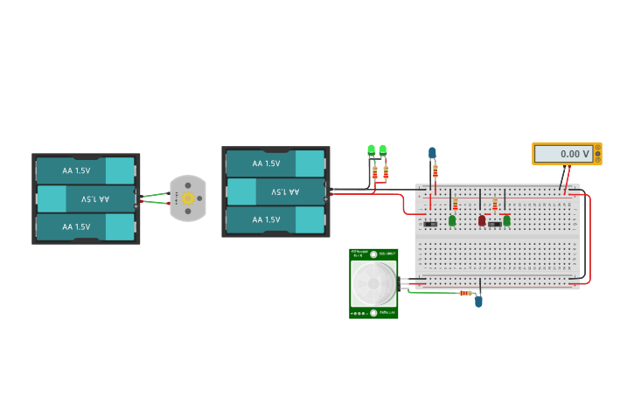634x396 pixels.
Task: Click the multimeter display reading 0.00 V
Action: [x=567, y=154]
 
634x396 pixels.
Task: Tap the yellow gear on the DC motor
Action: [x=187, y=198]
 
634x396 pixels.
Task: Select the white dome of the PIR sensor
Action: [x=373, y=282]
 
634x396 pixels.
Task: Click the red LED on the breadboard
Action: [x=482, y=220]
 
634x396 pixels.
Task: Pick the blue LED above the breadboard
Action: [x=432, y=153]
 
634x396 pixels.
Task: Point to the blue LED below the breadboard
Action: [x=478, y=302]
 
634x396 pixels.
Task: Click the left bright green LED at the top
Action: [x=372, y=150]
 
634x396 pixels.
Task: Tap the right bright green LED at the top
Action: [x=382, y=150]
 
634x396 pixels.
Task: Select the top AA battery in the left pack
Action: [x=86, y=170]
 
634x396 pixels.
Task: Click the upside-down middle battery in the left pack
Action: [x=86, y=199]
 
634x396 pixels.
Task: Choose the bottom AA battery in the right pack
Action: [x=275, y=220]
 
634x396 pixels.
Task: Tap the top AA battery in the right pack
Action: [x=275, y=163]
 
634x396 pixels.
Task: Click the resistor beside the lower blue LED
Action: [x=465, y=293]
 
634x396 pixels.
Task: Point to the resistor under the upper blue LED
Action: [x=435, y=170]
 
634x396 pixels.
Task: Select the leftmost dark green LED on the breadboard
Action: [x=452, y=221]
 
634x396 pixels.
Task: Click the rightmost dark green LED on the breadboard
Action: [x=506, y=220]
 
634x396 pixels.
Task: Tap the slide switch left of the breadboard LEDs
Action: [x=430, y=225]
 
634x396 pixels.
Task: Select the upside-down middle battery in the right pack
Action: [x=275, y=191]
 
